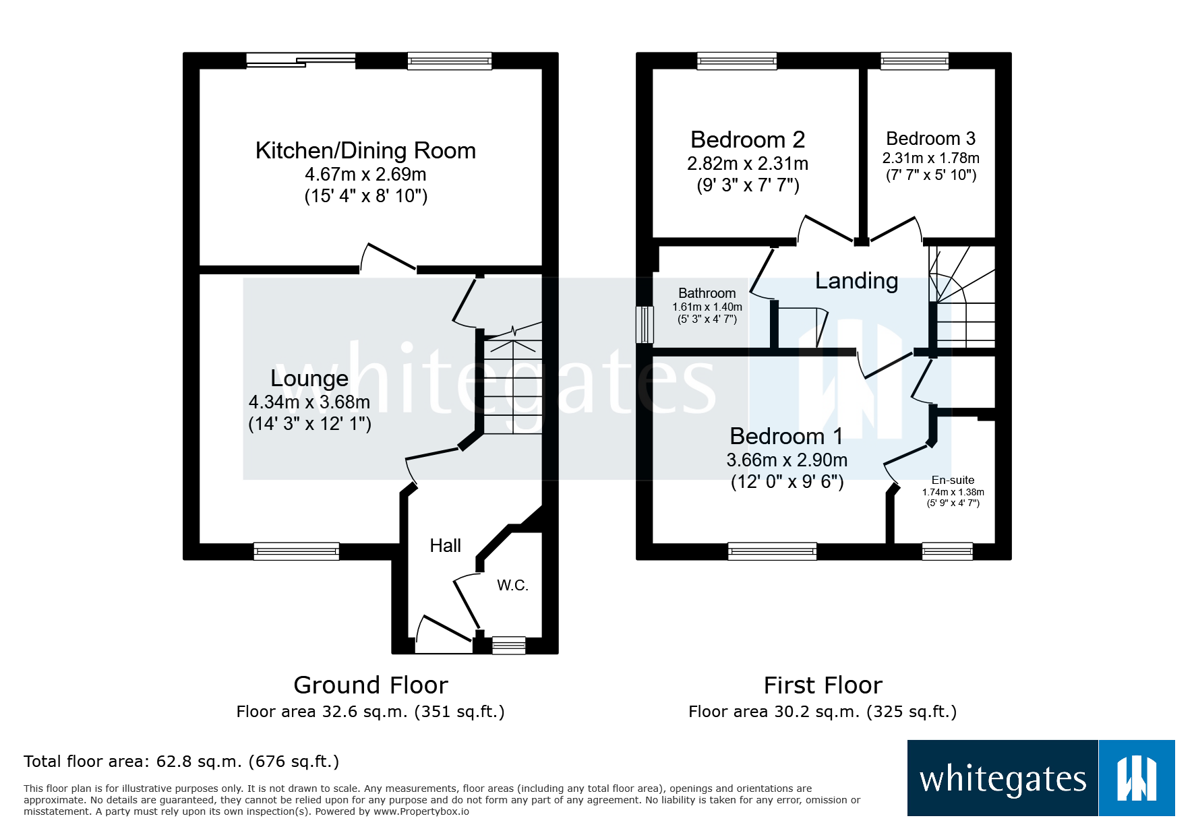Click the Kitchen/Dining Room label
[365, 150]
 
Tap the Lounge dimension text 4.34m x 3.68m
[309, 402]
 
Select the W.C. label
[512, 585]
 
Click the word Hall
[446, 545]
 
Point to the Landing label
[856, 280]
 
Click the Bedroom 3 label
[930, 138]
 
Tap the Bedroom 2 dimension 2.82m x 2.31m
[748, 164]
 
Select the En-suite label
[953, 480]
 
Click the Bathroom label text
[707, 293]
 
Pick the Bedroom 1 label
[786, 436]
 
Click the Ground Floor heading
[370, 685]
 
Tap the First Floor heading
[823, 685]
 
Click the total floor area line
[181, 762]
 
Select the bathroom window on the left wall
[645, 325]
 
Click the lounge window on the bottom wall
[296, 551]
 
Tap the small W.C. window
[509, 646]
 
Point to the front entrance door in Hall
[444, 637]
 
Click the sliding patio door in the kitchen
[300, 61]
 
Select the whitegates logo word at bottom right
[1003, 779]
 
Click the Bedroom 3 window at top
[914, 61]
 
